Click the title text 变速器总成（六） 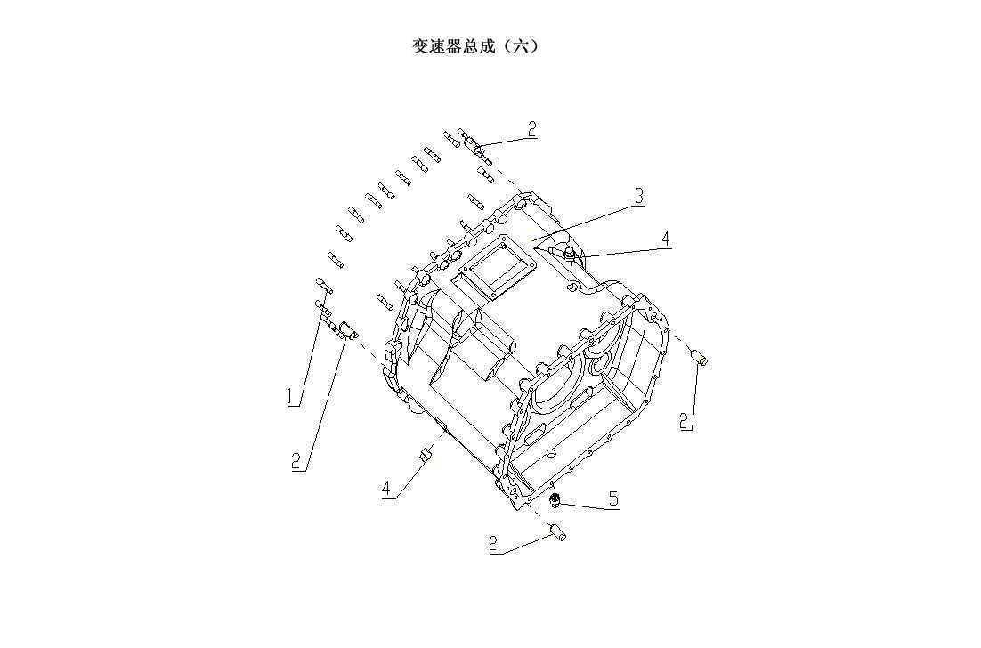click(474, 46)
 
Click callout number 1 click(291, 397)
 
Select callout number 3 click(638, 197)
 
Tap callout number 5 click(612, 498)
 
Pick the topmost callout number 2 click(531, 129)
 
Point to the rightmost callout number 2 click(685, 420)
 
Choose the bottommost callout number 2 click(494, 543)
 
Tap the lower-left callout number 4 click(386, 488)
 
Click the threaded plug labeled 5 click(555, 500)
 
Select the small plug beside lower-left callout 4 click(426, 456)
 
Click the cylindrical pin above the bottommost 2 click(559, 533)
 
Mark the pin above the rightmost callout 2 click(699, 358)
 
